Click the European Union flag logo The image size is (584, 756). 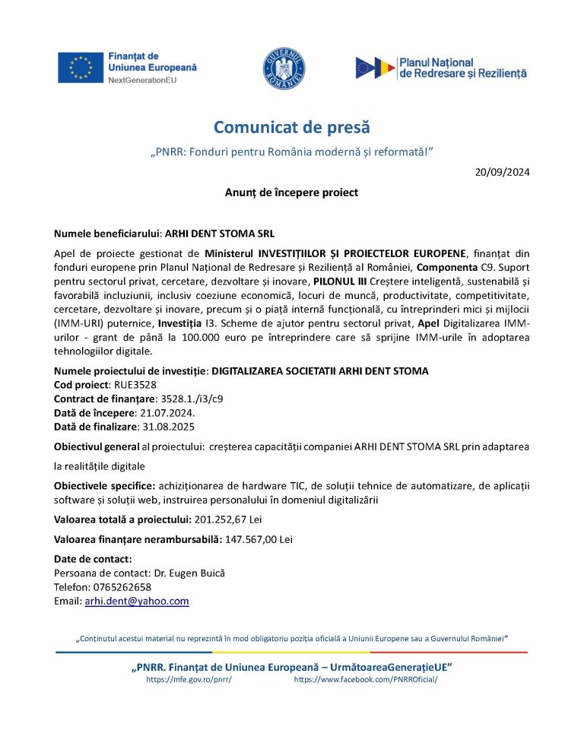tap(81, 67)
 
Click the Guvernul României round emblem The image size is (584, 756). tap(284, 67)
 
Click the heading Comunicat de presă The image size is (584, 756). tap(291, 127)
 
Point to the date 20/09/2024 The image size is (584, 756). tap(503, 172)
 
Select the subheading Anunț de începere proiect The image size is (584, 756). tap(291, 192)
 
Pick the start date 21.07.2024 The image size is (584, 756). tap(160, 412)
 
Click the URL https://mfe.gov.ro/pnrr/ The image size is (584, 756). tap(189, 679)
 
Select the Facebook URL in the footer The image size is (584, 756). tap(366, 679)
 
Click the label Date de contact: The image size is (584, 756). tap(93, 559)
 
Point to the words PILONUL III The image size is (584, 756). tap(340, 281)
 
